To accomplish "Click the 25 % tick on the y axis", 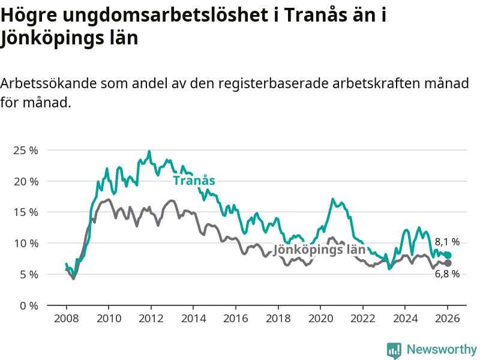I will [25, 150].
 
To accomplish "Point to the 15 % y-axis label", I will [25, 212].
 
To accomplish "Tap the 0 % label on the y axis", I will [28, 305].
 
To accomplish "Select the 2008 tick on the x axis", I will [65, 318].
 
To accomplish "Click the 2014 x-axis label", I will [193, 318].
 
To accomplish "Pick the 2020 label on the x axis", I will [320, 318].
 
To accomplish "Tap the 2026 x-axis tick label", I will [448, 318].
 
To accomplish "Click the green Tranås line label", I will [194, 181].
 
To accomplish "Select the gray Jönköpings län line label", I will [319, 250].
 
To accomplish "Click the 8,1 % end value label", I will [447, 242].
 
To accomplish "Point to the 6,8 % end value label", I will [447, 274].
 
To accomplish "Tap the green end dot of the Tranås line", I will [448, 255].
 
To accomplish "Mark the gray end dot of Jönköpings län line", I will [448, 263].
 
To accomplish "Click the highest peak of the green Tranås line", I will [149, 151].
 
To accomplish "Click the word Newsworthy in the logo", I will [442, 349].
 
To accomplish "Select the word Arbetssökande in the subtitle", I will [46, 83].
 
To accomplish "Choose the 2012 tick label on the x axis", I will [151, 318].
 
